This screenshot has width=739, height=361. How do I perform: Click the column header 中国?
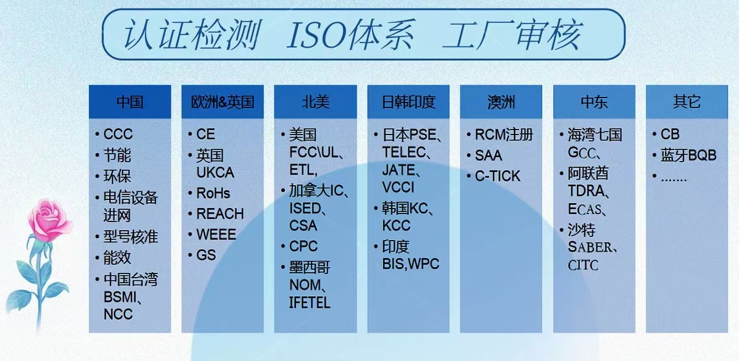[130, 102]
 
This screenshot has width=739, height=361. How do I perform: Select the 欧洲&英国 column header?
[223, 102]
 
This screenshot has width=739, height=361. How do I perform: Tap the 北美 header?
[315, 102]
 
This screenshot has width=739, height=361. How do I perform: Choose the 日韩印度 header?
[408, 102]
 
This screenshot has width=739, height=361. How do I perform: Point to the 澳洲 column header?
[501, 102]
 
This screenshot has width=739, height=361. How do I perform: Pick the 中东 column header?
[594, 102]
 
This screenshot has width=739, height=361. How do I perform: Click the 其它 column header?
[687, 102]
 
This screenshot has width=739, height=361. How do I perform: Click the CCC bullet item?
[118, 135]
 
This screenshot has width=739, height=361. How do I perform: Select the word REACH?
[220, 214]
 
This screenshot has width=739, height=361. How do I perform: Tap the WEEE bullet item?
[217, 234]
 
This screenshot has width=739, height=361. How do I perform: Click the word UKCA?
[215, 173]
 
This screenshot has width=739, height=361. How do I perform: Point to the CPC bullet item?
[303, 246]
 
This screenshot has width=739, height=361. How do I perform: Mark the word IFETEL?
[310, 302]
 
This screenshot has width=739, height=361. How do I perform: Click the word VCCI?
[398, 188]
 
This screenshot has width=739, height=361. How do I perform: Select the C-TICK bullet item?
[498, 176]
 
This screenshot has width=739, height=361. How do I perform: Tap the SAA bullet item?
[489, 156]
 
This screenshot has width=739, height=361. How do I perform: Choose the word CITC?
[583, 265]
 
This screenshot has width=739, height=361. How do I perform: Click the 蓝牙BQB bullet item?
[688, 156]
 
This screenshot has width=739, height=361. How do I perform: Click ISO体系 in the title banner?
[351, 35]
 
